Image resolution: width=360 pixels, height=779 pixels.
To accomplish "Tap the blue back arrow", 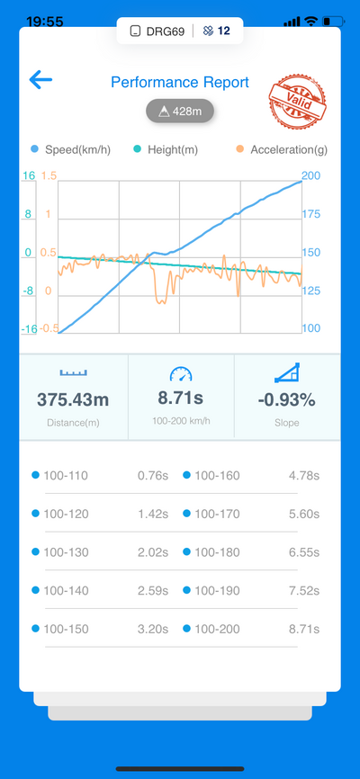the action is point(40,79).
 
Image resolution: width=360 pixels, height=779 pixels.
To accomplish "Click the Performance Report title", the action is point(179,82).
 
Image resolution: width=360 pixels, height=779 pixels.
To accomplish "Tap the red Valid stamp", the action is point(297,102).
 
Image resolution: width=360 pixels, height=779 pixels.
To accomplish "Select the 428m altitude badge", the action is point(179,112).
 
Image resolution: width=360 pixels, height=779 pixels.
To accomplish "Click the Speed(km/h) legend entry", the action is point(70,149).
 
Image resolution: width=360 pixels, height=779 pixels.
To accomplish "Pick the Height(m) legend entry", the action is point(166,149).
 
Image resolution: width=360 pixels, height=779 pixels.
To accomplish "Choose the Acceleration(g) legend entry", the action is point(282,149).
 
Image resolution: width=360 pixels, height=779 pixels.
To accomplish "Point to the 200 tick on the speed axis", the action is point(311,176).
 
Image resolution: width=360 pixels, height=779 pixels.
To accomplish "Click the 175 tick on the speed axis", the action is point(311,214).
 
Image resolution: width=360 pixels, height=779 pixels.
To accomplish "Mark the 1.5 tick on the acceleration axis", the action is point(49,176).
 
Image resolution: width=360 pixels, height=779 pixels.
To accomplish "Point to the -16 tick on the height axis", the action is point(28,328).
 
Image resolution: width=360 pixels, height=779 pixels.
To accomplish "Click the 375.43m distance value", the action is point(73,399).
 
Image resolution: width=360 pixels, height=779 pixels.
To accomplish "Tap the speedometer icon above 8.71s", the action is point(181,374).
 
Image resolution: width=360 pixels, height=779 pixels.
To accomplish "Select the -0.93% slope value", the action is point(286,400).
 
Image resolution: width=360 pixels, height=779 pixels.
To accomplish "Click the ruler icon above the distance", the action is point(73,372).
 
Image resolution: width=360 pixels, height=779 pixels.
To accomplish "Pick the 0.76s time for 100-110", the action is point(153,476).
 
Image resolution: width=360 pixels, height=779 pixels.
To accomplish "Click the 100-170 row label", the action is point(217,515).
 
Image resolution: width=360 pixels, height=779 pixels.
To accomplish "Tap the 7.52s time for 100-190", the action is point(304,591).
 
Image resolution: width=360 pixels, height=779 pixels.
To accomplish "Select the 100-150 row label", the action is point(66,630).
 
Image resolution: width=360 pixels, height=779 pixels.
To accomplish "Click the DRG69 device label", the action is point(165,31).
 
